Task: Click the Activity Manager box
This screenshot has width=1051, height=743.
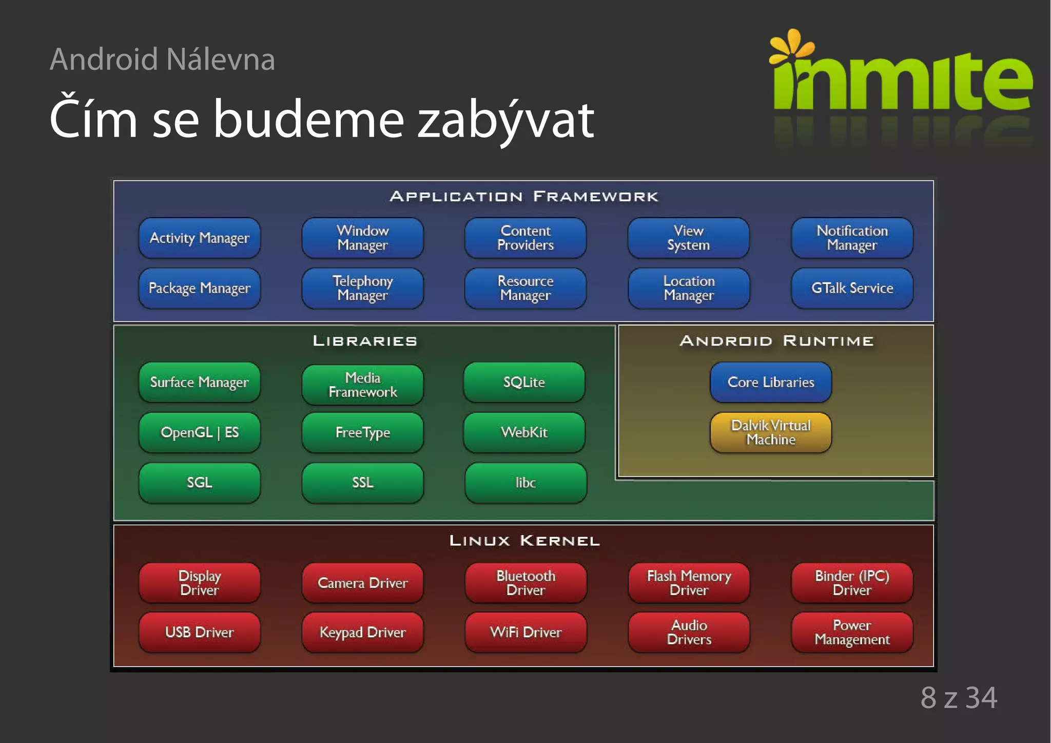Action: [199, 238]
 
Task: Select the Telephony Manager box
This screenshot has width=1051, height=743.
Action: [362, 288]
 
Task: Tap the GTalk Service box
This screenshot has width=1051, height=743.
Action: [852, 288]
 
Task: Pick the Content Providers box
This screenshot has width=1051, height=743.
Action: [525, 238]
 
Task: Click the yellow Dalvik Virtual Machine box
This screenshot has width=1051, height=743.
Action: [770, 432]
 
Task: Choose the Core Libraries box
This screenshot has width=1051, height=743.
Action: [770, 382]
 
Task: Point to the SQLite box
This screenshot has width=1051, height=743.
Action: [524, 382]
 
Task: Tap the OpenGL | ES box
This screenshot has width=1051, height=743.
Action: [199, 432]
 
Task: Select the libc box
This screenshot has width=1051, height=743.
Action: [525, 483]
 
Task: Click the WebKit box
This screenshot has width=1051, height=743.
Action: [524, 432]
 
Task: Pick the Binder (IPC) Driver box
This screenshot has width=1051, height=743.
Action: [852, 583]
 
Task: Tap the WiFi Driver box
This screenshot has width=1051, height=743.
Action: [525, 632]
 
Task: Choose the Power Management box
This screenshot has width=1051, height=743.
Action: [852, 632]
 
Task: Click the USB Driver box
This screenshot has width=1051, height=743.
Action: [199, 632]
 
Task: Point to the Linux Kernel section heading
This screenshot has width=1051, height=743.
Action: [524, 541]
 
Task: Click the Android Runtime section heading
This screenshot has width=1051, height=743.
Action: [776, 341]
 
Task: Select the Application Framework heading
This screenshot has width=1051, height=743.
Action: [524, 197]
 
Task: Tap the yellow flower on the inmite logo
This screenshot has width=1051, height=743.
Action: [791, 46]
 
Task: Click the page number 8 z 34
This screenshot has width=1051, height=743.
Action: [959, 698]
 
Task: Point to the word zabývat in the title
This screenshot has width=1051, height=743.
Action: [505, 120]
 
